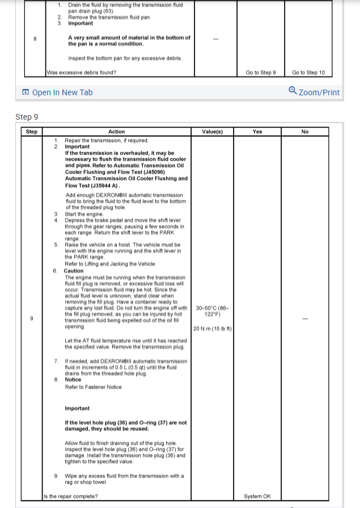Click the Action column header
pos(116,132)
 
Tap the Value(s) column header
pos(212,132)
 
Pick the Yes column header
pos(257,132)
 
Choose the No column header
pos(305,132)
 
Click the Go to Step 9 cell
pos(261,73)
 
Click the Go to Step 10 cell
pos(308,73)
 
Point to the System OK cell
pos(257,497)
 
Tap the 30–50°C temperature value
pos(212,311)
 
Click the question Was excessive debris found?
pos(82,73)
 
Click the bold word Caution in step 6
pos(74,271)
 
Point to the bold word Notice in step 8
pos(73,380)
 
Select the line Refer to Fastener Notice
pos(93,387)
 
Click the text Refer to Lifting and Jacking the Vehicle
pos(109,264)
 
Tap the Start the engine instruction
pos(85,214)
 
